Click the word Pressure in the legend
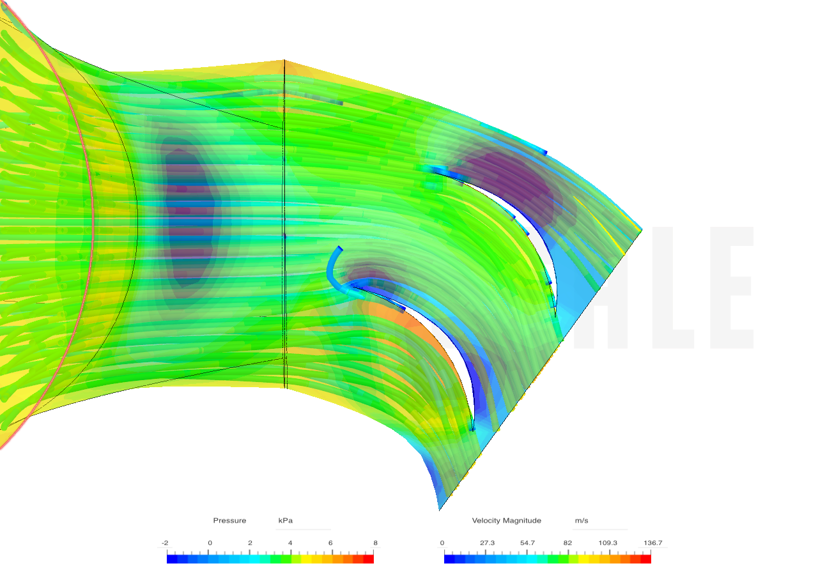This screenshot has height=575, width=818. [229, 521]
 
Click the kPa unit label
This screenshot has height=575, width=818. [285, 521]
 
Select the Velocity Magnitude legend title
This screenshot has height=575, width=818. [506, 521]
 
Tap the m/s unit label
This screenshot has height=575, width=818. [582, 521]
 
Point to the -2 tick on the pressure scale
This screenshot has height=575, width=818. [165, 543]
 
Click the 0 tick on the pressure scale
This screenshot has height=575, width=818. [210, 543]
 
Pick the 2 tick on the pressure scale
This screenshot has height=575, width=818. [250, 543]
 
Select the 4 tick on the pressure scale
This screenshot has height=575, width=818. [290, 543]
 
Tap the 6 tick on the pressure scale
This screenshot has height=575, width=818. [330, 543]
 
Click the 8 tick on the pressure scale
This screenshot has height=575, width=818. [375, 543]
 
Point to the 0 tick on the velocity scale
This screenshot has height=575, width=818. [442, 543]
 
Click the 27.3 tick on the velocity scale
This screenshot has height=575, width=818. [487, 543]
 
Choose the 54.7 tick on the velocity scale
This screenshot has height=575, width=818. [527, 543]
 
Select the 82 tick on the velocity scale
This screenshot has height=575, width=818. [567, 543]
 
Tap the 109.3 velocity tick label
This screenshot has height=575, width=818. [608, 543]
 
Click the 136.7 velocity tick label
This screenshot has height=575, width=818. [652, 543]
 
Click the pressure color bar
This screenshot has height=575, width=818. [270, 558]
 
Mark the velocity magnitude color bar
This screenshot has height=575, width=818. [548, 558]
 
